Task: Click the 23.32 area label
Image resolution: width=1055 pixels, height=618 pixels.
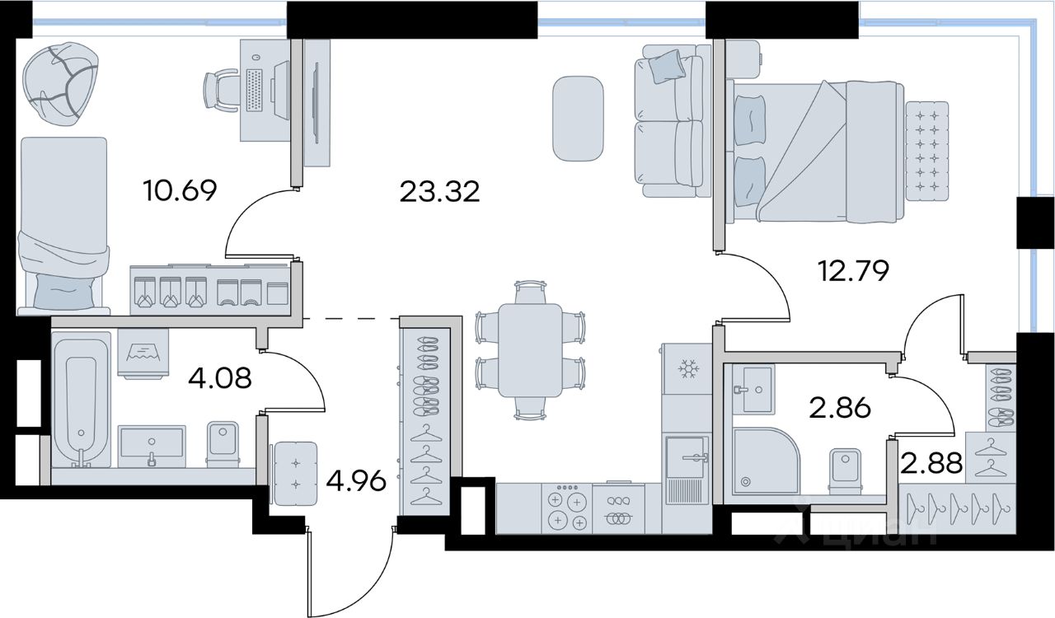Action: pyautogui.click(x=439, y=192)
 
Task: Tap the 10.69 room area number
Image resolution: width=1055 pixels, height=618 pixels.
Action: pyautogui.click(x=180, y=191)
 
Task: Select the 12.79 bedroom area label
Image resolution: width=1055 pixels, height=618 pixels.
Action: pyautogui.click(x=854, y=271)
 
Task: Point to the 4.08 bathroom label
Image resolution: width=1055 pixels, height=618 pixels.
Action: pyautogui.click(x=219, y=378)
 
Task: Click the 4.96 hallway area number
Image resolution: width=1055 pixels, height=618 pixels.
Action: pyautogui.click(x=357, y=481)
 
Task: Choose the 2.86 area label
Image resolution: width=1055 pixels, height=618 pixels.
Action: pyautogui.click(x=840, y=409)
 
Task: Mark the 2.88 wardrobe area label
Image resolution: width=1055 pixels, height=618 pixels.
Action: pyautogui.click(x=931, y=462)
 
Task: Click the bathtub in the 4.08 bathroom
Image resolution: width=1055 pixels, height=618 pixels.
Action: pyautogui.click(x=81, y=400)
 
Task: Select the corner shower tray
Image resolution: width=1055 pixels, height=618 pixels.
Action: pyautogui.click(x=767, y=461)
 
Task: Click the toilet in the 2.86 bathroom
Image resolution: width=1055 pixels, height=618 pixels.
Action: pyautogui.click(x=846, y=471)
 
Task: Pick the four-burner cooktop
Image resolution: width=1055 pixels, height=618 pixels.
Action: pyautogui.click(x=567, y=508)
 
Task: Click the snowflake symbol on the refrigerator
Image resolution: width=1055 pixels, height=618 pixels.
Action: pyautogui.click(x=687, y=369)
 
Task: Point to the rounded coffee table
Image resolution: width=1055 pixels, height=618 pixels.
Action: pyautogui.click(x=578, y=119)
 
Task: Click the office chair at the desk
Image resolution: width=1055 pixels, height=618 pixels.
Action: pyautogui.click(x=222, y=91)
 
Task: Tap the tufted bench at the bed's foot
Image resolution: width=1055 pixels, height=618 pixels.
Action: pyautogui.click(x=927, y=151)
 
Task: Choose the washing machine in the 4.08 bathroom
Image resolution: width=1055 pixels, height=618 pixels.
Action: pyautogui.click(x=143, y=353)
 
